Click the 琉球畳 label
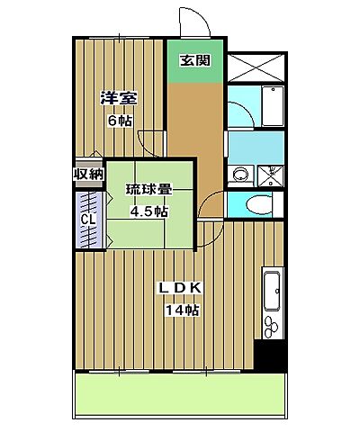tap(148, 190)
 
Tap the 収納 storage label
tap(87, 174)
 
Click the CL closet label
tap(88, 220)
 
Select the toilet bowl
tap(259, 204)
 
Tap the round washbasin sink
tap(240, 175)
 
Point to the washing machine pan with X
tap(270, 175)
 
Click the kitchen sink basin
tap(272, 288)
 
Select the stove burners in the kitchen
tap(272, 320)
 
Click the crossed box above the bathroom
tap(256, 67)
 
